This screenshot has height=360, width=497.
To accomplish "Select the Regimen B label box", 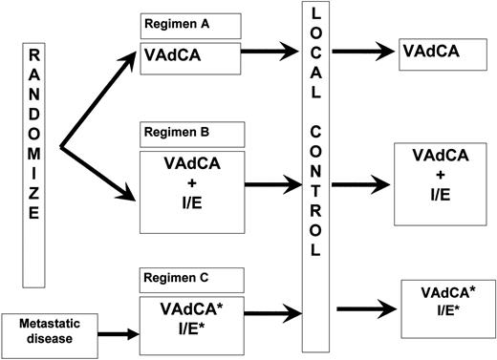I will [x=190, y=134].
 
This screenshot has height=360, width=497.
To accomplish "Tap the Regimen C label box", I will [x=190, y=279].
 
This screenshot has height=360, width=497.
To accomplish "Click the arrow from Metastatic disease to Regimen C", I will [x=108, y=334].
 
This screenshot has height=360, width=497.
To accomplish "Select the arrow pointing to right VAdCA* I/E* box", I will [x=363, y=308].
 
